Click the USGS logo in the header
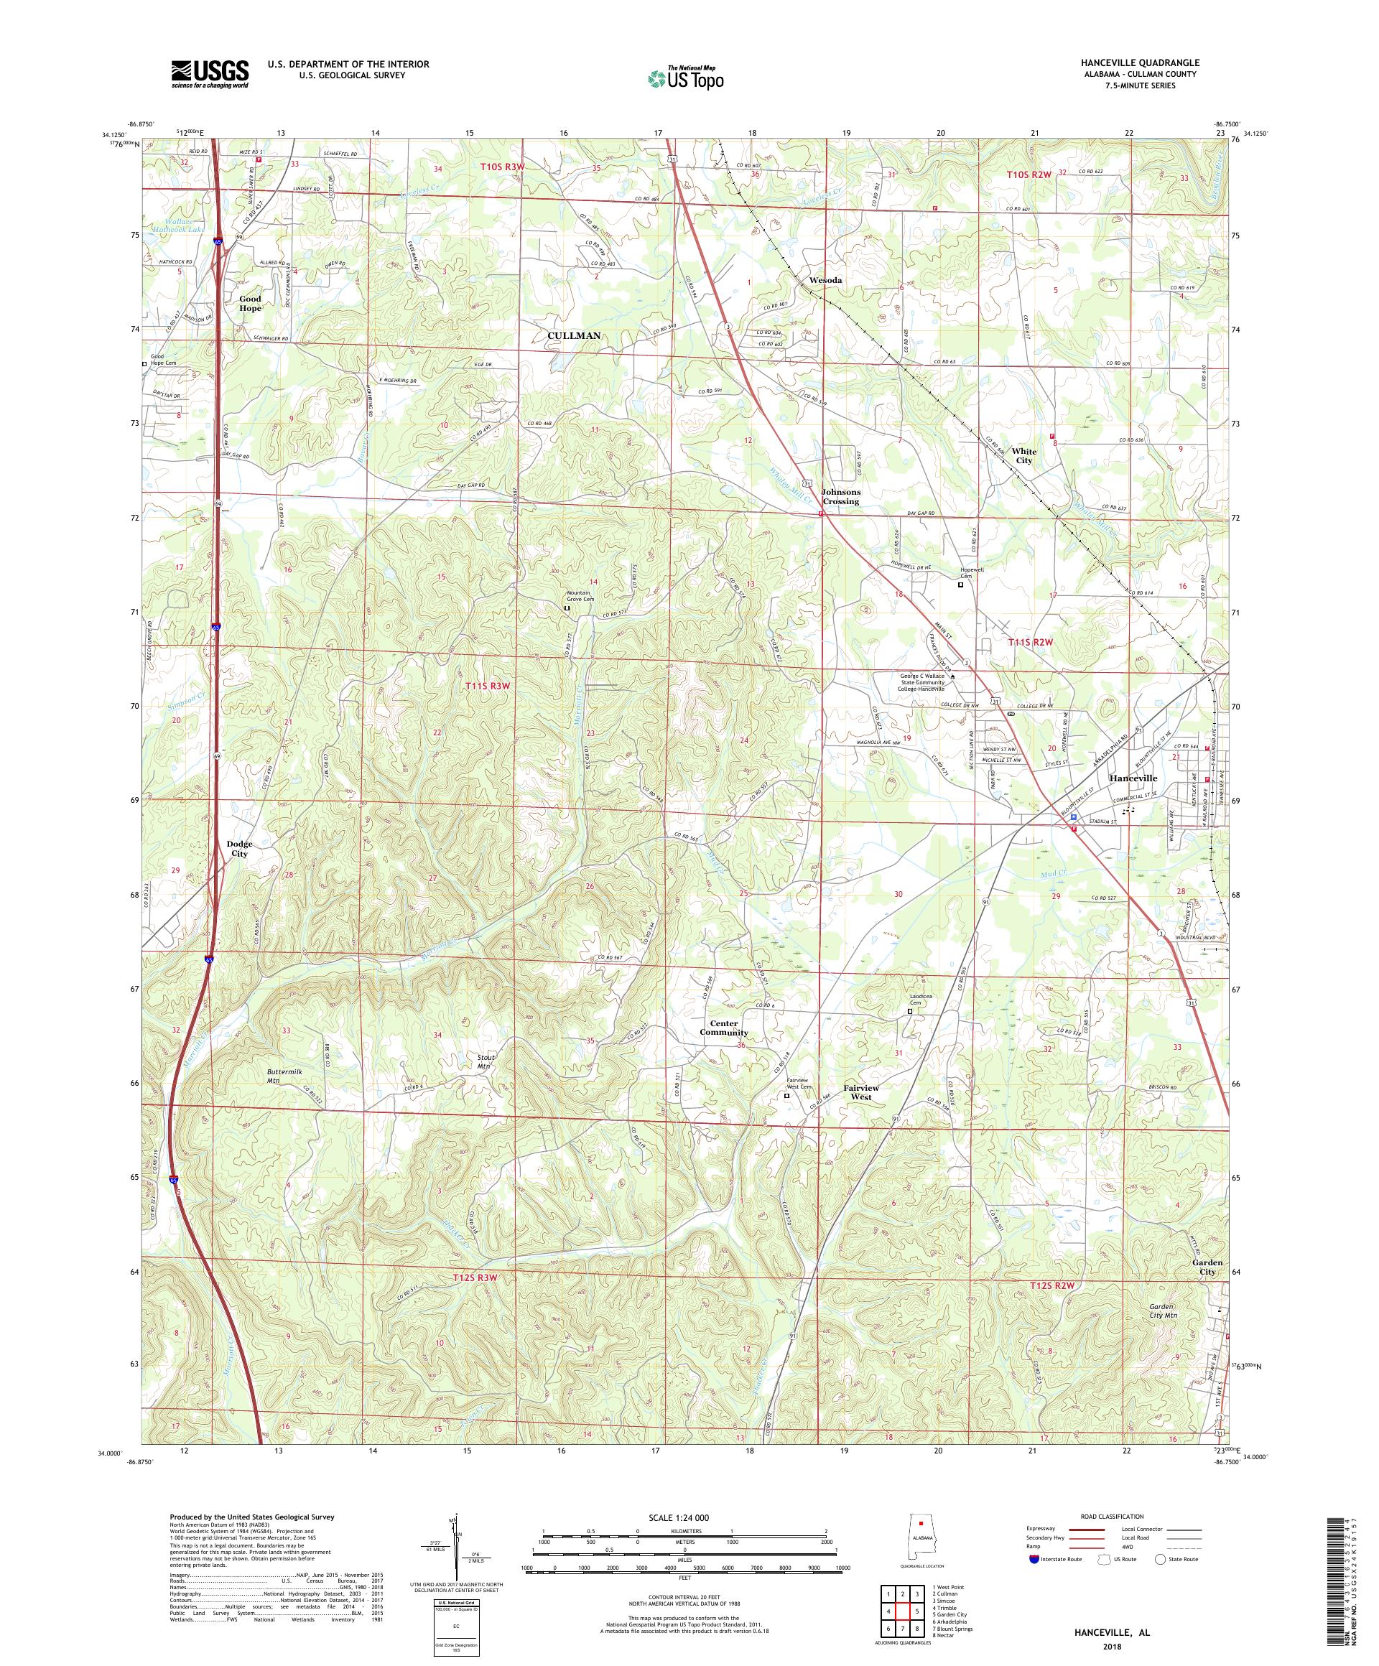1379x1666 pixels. coord(210,74)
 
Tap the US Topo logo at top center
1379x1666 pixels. coord(687,77)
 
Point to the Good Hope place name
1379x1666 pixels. coord(250,304)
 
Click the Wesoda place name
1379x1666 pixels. coord(825,281)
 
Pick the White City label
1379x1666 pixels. coord(1024,455)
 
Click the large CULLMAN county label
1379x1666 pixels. coord(574,335)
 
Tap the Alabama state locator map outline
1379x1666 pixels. coord(919,1535)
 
